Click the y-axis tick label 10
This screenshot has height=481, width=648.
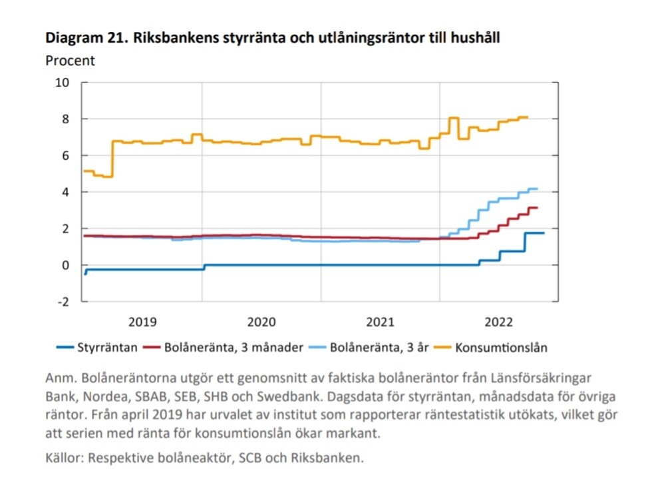tap(63, 83)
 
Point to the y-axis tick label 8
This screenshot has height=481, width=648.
tap(66, 119)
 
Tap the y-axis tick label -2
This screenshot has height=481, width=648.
tap(64, 301)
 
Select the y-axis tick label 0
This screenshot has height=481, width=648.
tap(66, 265)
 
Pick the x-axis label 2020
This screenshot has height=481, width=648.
tap(261, 322)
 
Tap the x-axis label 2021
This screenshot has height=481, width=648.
tap(380, 322)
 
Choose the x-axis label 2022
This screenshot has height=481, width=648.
tap(499, 322)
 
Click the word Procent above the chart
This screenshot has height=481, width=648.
tap(70, 61)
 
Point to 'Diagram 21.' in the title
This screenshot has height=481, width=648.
tap(79, 39)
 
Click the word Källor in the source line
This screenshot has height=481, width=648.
tap(65, 458)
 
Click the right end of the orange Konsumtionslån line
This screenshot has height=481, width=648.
tap(527, 118)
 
